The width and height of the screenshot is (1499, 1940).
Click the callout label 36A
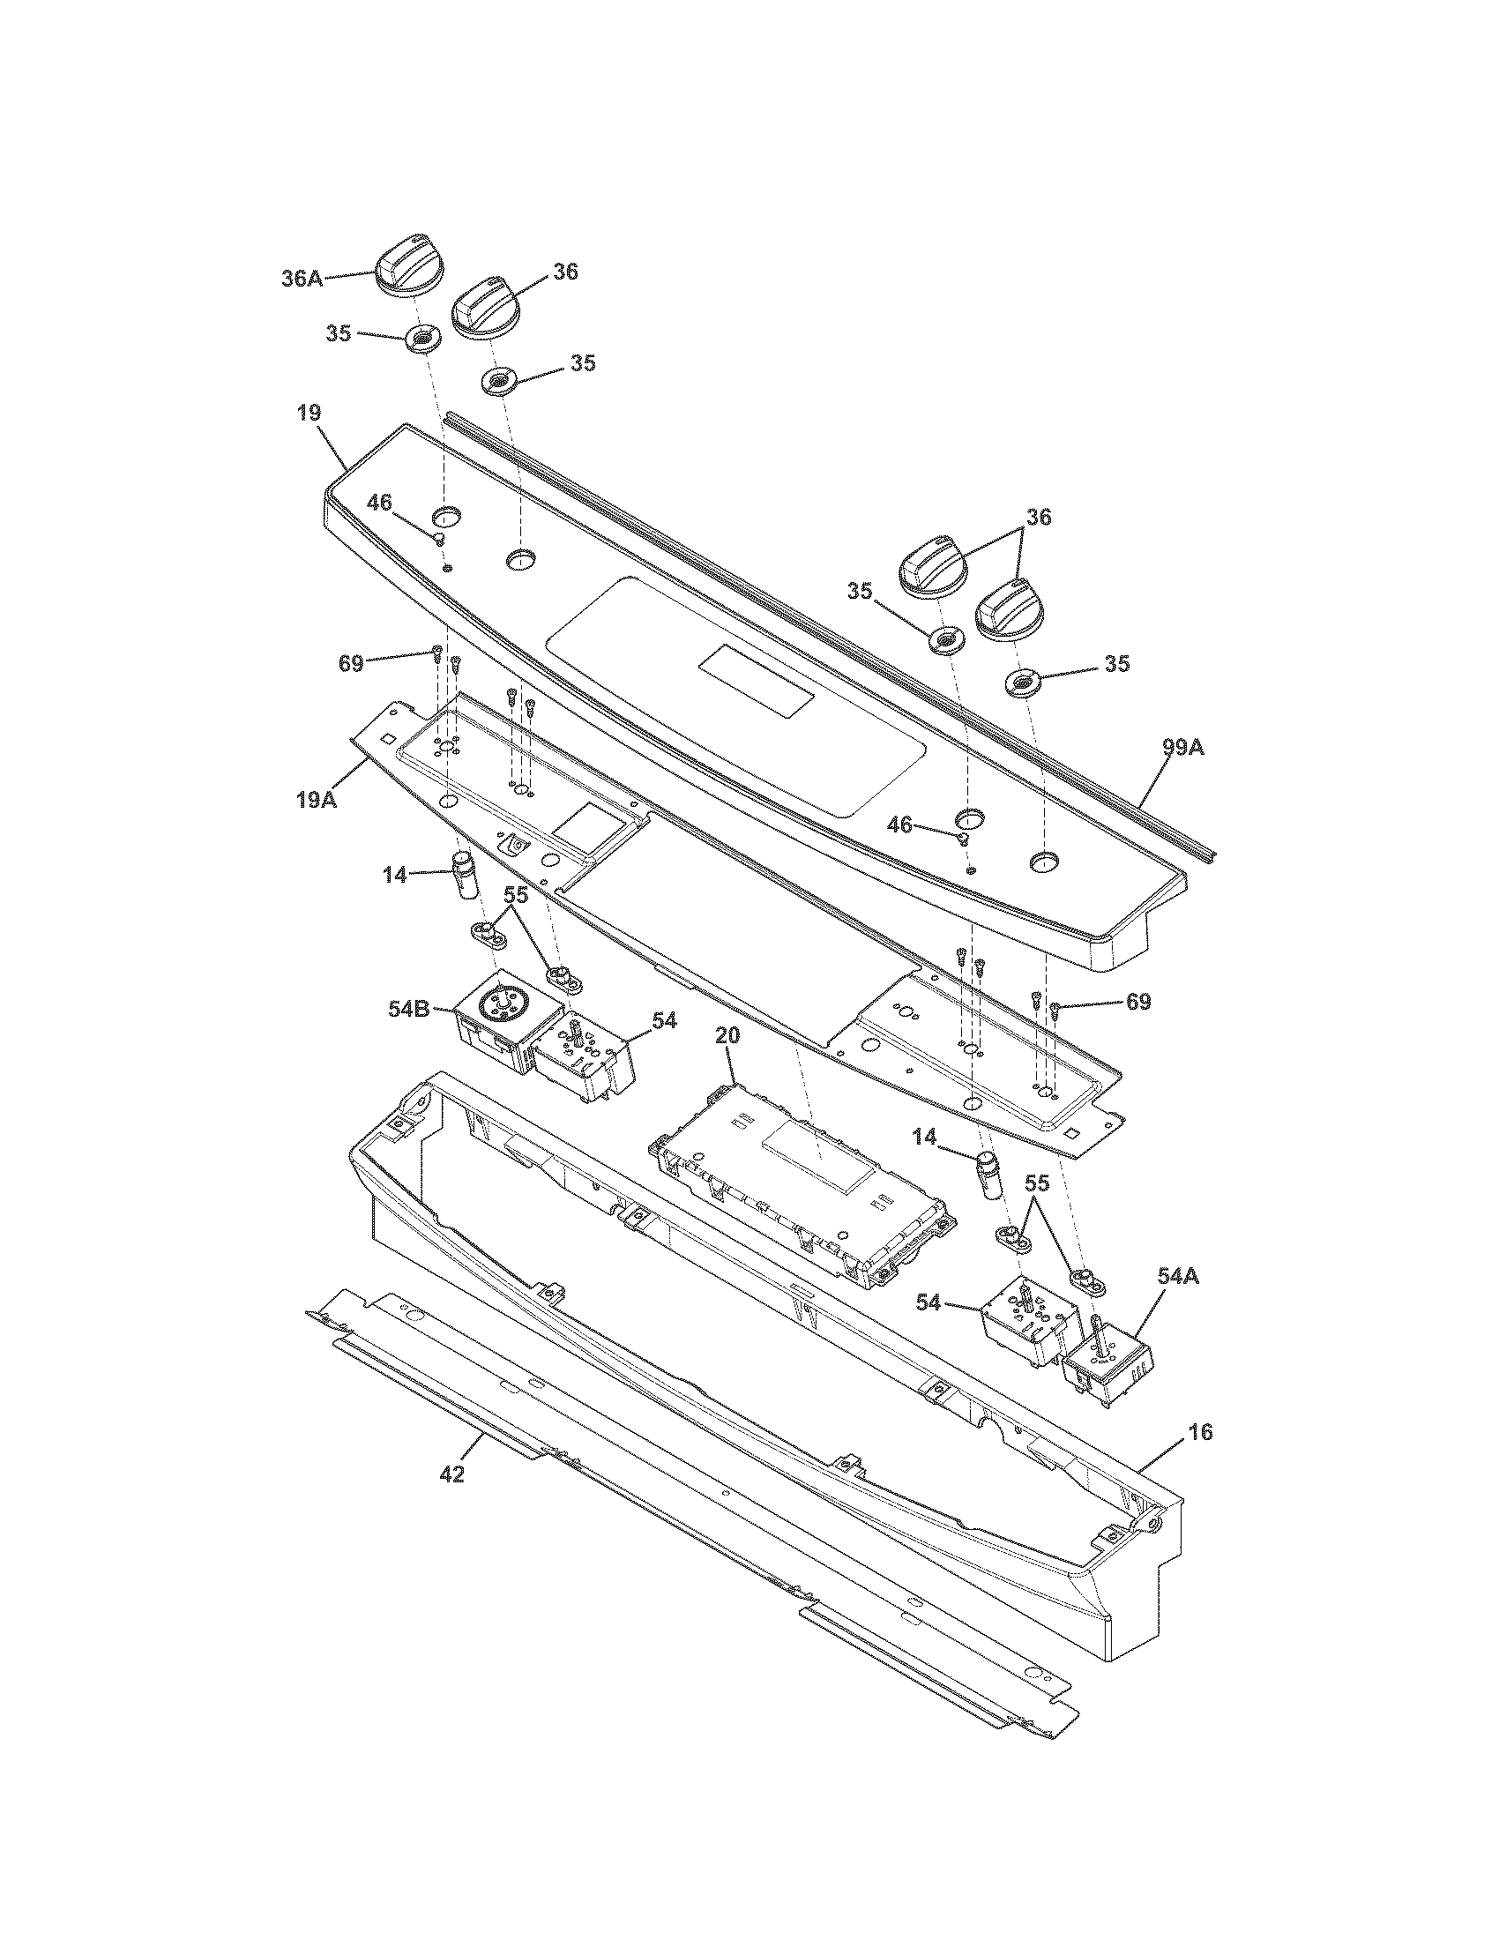(x=302, y=278)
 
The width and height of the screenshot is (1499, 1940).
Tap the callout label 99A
(x=1182, y=748)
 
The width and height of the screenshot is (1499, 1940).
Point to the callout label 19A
(x=317, y=799)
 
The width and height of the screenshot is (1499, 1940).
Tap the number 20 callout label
(x=727, y=1036)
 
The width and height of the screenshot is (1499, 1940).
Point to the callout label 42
(x=452, y=1474)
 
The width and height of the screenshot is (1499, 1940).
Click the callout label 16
(x=1199, y=1432)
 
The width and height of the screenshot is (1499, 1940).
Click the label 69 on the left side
(x=351, y=662)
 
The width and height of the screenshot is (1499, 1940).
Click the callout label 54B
(x=409, y=1009)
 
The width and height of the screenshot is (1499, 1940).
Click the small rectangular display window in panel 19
(x=756, y=682)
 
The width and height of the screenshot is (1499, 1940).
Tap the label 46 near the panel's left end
(x=379, y=503)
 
